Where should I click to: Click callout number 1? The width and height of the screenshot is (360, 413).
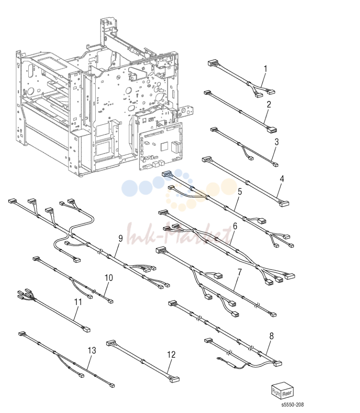pos(266,69)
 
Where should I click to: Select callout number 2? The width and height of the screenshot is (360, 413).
pos(269,104)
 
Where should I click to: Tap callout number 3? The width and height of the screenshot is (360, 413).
pos(277,142)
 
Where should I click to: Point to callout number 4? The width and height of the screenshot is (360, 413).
pos(282,179)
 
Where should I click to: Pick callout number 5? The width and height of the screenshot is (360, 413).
pos(240,191)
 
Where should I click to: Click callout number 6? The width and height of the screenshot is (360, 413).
pos(235,226)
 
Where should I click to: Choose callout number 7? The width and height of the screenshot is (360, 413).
pos(239,272)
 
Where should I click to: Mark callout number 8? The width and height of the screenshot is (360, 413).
pos(271,336)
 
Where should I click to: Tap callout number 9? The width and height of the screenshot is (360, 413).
pos(120,238)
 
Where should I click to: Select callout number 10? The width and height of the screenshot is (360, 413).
pos(109,278)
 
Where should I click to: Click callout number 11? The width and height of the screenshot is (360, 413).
pos(78,302)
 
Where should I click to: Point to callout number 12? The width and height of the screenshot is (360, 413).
pos(171,355)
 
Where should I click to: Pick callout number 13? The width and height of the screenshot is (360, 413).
pos(92,350)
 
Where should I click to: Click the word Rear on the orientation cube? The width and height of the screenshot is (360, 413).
pos(287,393)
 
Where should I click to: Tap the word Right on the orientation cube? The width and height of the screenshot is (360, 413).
pos(276,393)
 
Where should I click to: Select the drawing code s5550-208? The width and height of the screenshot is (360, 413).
pos(292,405)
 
